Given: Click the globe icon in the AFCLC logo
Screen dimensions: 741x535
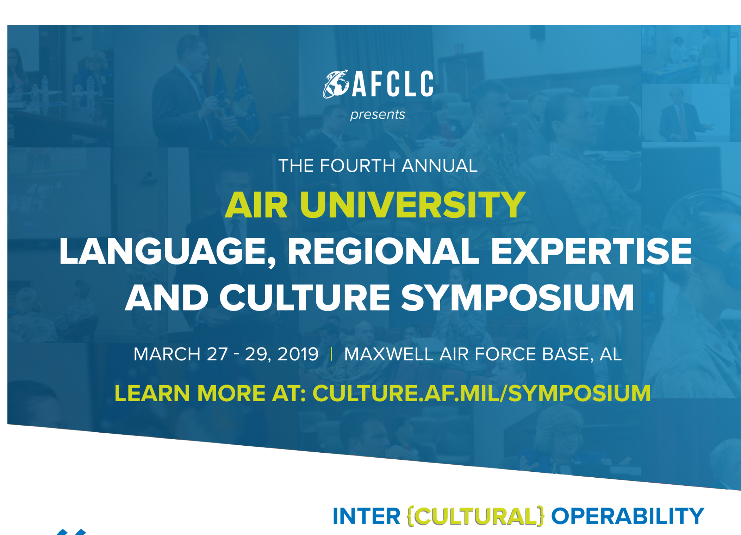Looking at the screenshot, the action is pos(336,84).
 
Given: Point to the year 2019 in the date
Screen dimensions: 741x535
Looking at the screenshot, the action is pos(298,354).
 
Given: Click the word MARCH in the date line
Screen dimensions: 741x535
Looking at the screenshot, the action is pos(167,354).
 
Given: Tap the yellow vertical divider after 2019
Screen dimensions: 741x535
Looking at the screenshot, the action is pos(331,354).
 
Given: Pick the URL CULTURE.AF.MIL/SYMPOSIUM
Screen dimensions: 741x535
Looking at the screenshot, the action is pos(481,393).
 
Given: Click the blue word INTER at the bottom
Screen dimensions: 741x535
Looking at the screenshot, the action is pos(366,516).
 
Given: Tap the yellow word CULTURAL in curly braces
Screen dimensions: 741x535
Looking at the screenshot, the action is pos(475,516).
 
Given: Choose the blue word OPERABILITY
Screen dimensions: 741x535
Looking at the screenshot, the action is pos(628,516).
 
